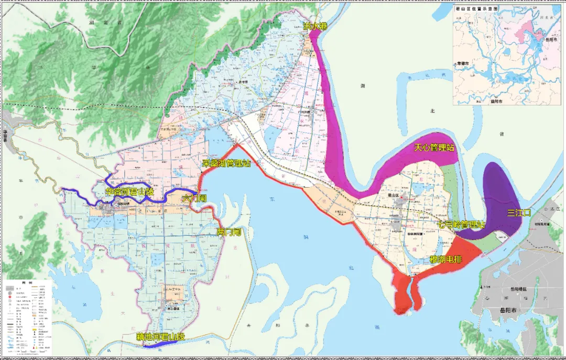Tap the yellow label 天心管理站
pos(434,148)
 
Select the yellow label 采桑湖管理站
pos(226,164)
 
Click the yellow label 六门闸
pos(194,199)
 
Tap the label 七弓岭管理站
pos(462,225)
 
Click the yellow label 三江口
pos(519,213)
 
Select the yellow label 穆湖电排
pos(446,259)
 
